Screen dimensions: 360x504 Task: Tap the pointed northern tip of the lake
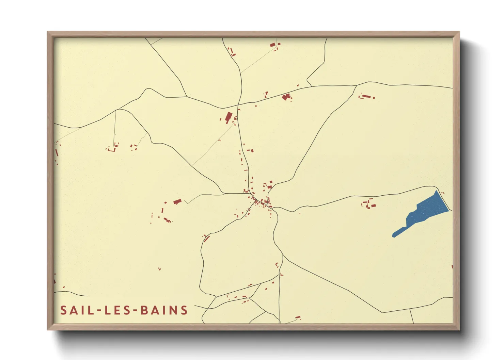(436, 191)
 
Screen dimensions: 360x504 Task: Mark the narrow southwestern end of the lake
(394, 235)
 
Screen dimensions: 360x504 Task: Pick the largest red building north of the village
(228, 117)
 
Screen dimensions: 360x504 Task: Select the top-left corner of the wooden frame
(48, 32)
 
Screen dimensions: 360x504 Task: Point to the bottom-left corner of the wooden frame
(48, 329)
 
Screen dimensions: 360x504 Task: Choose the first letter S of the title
(64, 310)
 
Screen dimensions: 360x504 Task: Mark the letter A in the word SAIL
(73, 310)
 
